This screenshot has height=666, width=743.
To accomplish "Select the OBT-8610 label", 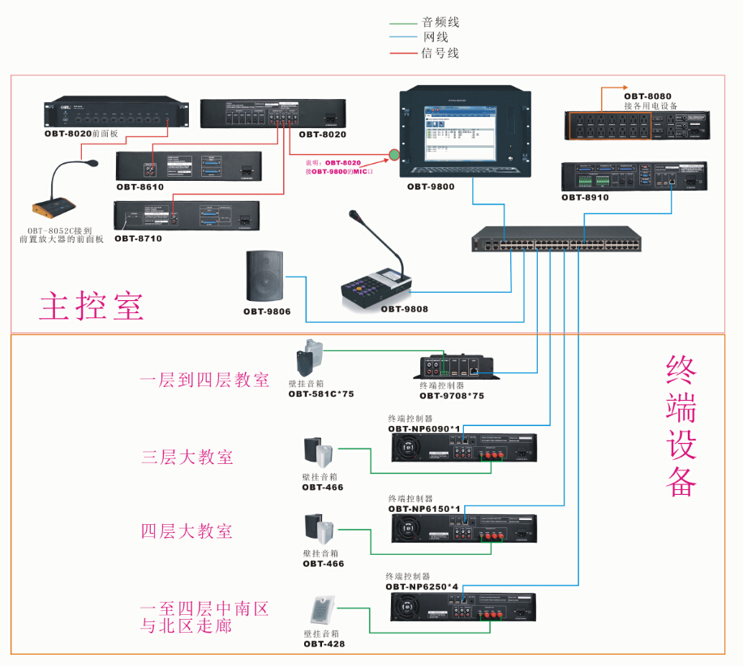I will tap(140, 187).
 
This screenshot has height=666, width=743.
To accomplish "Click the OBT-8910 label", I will tap(585, 197).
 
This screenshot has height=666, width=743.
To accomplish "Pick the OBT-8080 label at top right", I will tap(648, 96).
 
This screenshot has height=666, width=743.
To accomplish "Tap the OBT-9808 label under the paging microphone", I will tap(404, 309).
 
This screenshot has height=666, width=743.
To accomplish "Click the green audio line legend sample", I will tap(403, 23).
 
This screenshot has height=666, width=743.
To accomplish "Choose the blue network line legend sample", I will tap(403, 37).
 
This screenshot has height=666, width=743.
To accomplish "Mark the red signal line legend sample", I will tap(403, 53).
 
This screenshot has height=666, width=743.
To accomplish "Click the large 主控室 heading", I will tap(91, 306).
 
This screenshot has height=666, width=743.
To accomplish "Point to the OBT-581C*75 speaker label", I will tap(321, 394).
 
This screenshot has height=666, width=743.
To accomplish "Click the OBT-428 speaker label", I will tap(324, 643).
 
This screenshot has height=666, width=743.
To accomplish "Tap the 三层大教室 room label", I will tap(187, 457).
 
